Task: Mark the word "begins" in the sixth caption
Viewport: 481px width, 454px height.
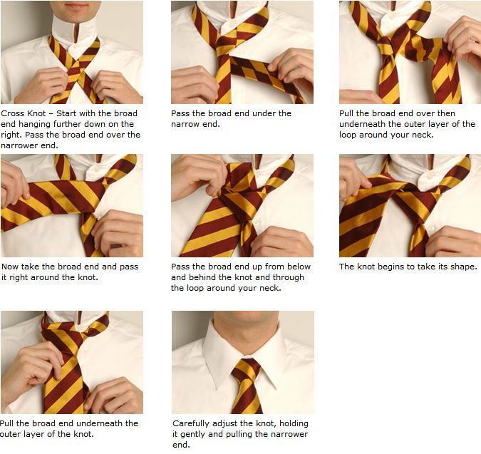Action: coord(393,267)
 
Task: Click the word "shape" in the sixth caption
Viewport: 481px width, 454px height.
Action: coord(463,267)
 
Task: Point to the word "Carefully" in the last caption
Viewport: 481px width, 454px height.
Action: coord(192,423)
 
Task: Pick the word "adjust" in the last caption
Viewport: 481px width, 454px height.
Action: coord(225,423)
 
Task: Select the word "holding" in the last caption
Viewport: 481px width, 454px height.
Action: coord(294,423)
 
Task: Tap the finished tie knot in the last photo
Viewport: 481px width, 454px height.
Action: coord(246,368)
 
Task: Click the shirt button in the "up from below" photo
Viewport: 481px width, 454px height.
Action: coord(256,222)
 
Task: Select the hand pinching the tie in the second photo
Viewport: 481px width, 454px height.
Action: coord(290,69)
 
